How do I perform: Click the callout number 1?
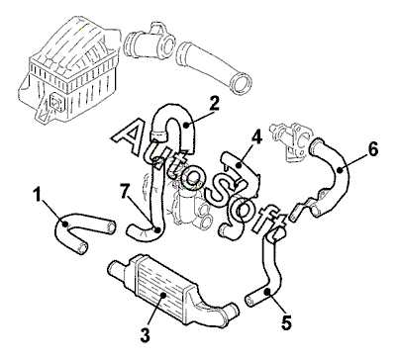(38, 195)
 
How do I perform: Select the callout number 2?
(214, 103)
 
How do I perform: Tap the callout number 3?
(145, 334)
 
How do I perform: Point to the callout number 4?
(256, 136)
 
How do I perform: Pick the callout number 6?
(373, 150)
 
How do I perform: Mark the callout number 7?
(125, 191)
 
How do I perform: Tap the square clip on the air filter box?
(55, 102)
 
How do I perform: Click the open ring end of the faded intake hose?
(243, 83)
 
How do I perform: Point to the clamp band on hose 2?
(158, 135)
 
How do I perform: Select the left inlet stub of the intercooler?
(117, 268)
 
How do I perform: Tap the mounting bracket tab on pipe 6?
(304, 205)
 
